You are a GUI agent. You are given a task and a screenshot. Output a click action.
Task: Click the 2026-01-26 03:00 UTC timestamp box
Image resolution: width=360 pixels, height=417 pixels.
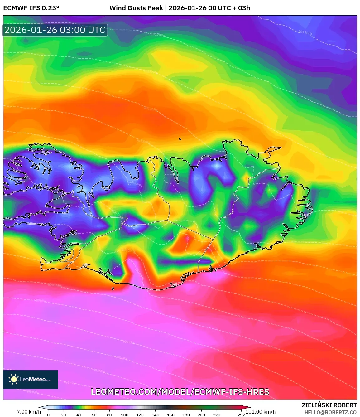coord(55,30)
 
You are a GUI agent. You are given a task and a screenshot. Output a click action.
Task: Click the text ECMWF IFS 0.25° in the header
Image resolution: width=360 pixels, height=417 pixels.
coord(31,8)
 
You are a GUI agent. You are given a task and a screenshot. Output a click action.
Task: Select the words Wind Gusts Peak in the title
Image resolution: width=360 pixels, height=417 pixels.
coord(136,8)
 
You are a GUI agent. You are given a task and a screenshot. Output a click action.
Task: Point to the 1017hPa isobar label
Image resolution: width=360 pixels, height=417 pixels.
coord(158,35)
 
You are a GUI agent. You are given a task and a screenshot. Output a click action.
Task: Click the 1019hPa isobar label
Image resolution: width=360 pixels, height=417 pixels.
coord(305,32)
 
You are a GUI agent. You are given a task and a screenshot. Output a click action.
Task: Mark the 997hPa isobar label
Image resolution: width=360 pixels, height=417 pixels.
coord(128,342)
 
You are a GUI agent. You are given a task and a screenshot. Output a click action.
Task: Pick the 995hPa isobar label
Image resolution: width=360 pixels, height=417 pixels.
coord(121,358)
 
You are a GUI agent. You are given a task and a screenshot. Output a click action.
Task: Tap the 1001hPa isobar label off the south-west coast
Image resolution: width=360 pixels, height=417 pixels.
coord(55,285)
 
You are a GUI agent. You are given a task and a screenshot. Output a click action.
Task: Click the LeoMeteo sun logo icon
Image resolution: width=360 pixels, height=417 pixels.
coord(14,379)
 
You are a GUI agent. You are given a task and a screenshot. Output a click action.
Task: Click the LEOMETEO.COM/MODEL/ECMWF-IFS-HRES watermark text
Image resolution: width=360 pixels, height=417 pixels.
coord(180,392)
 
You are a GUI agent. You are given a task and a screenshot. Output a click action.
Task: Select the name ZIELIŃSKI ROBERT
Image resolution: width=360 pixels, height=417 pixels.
coord(329,405)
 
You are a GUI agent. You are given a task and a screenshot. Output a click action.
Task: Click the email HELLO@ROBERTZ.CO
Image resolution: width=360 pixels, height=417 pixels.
coord(330,412)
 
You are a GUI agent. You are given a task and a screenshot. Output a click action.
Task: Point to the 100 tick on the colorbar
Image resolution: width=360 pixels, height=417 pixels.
coord(125,415)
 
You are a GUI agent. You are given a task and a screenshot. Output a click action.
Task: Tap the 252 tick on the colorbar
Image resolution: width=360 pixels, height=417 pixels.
coord(241,415)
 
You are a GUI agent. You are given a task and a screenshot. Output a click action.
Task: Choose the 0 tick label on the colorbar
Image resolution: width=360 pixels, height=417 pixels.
coord(48,415)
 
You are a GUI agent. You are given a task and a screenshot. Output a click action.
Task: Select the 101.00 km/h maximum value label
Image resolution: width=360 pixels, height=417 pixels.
coord(261,412)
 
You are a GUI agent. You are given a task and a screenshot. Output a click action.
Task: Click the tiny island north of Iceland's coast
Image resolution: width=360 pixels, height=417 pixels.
coord(180,139)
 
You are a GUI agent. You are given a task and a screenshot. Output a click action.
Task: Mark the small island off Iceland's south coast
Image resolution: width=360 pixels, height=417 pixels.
coord(113,289)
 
